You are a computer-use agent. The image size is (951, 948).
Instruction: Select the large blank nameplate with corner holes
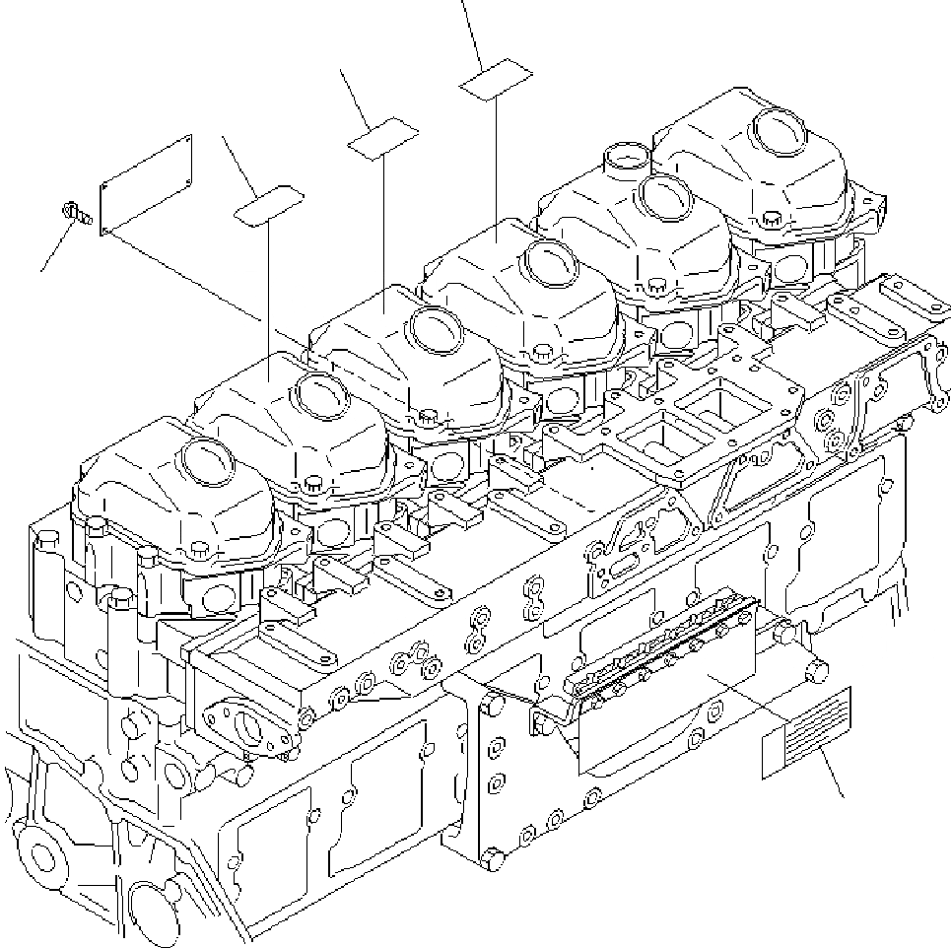[x=147, y=186]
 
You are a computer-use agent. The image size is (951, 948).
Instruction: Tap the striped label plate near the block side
[x=806, y=732]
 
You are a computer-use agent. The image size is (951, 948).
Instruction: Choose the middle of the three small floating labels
[x=383, y=138]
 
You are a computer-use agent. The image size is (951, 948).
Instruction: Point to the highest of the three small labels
[x=497, y=79]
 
